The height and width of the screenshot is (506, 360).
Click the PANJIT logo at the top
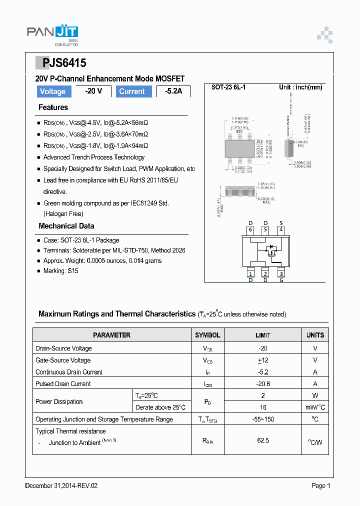52,34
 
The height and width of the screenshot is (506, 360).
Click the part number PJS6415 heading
61,63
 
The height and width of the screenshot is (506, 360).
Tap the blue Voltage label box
52,91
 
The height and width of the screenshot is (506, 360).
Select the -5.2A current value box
173,91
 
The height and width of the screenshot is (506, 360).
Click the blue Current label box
131,91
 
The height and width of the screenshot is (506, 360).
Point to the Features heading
53,107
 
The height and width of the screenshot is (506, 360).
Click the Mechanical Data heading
66,226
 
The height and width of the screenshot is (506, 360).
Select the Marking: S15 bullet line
60,271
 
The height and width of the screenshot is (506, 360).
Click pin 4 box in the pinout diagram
281,230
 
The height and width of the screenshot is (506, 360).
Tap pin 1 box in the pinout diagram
250,273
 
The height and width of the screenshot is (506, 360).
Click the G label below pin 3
281,280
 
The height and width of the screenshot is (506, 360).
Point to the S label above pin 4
281,223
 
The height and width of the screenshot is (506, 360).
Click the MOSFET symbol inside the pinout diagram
271,249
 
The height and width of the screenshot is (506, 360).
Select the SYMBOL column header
207,335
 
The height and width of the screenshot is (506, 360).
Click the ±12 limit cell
263,360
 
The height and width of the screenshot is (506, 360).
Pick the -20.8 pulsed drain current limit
263,384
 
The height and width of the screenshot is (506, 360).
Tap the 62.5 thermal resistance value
263,440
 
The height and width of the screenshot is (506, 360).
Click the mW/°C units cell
315,407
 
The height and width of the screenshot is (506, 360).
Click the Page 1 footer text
321,485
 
